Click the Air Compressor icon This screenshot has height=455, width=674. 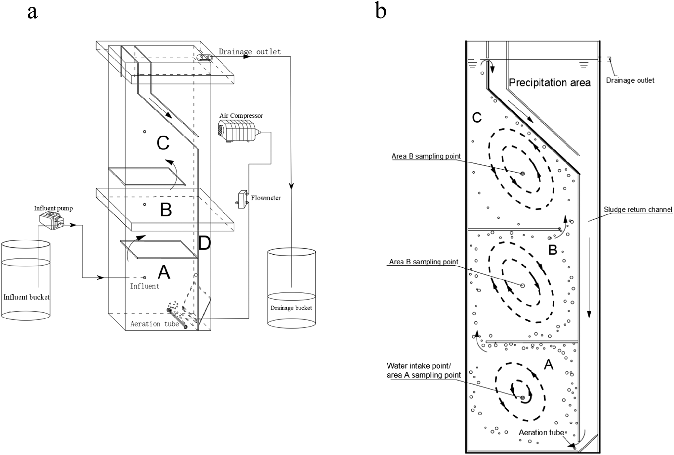pos(238,131)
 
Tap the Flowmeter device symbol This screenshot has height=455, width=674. pos(242,199)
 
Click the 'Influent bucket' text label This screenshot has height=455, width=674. pos(27,297)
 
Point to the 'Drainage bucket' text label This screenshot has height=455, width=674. pos(291,308)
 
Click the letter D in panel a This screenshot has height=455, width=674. pos(204,243)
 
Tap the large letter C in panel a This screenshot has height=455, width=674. pos(163,143)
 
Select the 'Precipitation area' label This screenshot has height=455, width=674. pos(550,83)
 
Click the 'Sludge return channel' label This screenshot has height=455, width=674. pos(638,209)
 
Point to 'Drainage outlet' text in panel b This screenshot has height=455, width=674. pos(630,80)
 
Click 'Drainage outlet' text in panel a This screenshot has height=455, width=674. pos(249,51)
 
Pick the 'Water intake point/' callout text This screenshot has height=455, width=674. pos(419,366)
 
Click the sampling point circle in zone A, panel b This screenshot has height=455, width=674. pos(523,398)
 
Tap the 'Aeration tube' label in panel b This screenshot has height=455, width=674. pos(541,432)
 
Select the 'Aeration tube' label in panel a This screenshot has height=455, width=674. pos(154,324)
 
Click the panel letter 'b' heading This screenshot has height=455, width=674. pos(381,11)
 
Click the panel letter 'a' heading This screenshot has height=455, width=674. pos(32,12)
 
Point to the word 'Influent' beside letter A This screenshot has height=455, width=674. pos(145,286)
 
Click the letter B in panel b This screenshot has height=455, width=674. pos(553,250)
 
